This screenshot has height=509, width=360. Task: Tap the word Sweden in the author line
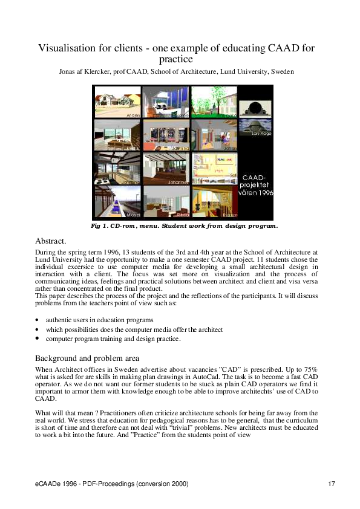coord(282,72)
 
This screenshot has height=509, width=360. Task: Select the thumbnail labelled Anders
coord(117,102)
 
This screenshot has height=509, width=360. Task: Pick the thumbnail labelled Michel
coord(117,201)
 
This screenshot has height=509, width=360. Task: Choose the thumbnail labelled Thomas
coord(215,201)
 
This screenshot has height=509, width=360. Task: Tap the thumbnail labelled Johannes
coord(166,168)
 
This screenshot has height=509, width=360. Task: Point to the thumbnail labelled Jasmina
coord(166,134)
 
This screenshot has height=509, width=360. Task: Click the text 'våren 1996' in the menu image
coord(257,193)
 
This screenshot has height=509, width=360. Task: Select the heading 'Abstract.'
coord(51,241)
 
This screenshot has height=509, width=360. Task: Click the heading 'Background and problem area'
coord(87,358)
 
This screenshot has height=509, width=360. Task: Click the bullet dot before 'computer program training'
coord(38,339)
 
